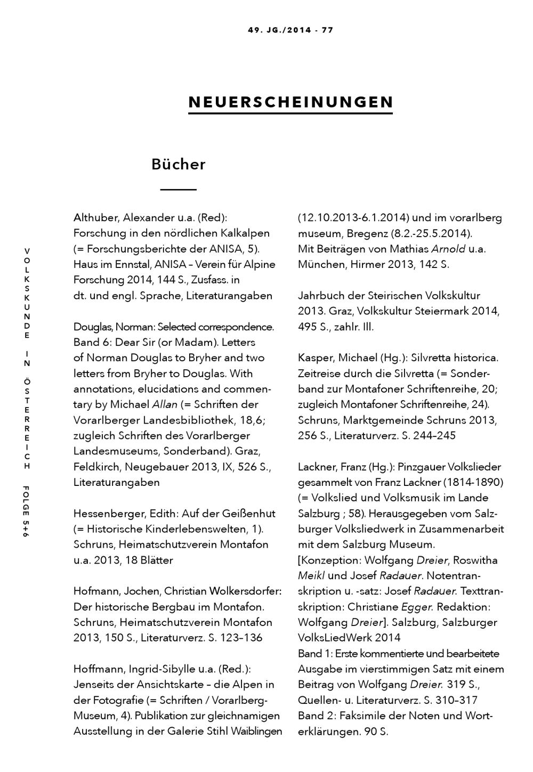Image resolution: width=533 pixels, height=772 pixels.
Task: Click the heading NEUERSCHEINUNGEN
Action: point(290,102)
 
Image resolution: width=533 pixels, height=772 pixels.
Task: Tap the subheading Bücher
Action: point(178,164)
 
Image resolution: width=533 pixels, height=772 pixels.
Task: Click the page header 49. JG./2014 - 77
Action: point(290,30)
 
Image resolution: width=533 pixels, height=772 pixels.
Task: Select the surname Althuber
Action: point(96,217)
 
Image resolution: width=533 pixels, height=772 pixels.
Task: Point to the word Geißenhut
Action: point(249,514)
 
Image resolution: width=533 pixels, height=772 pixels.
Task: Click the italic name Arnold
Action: point(448,249)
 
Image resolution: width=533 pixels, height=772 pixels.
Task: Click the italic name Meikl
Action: point(311,575)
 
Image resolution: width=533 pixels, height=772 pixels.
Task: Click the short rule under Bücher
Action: point(179,189)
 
